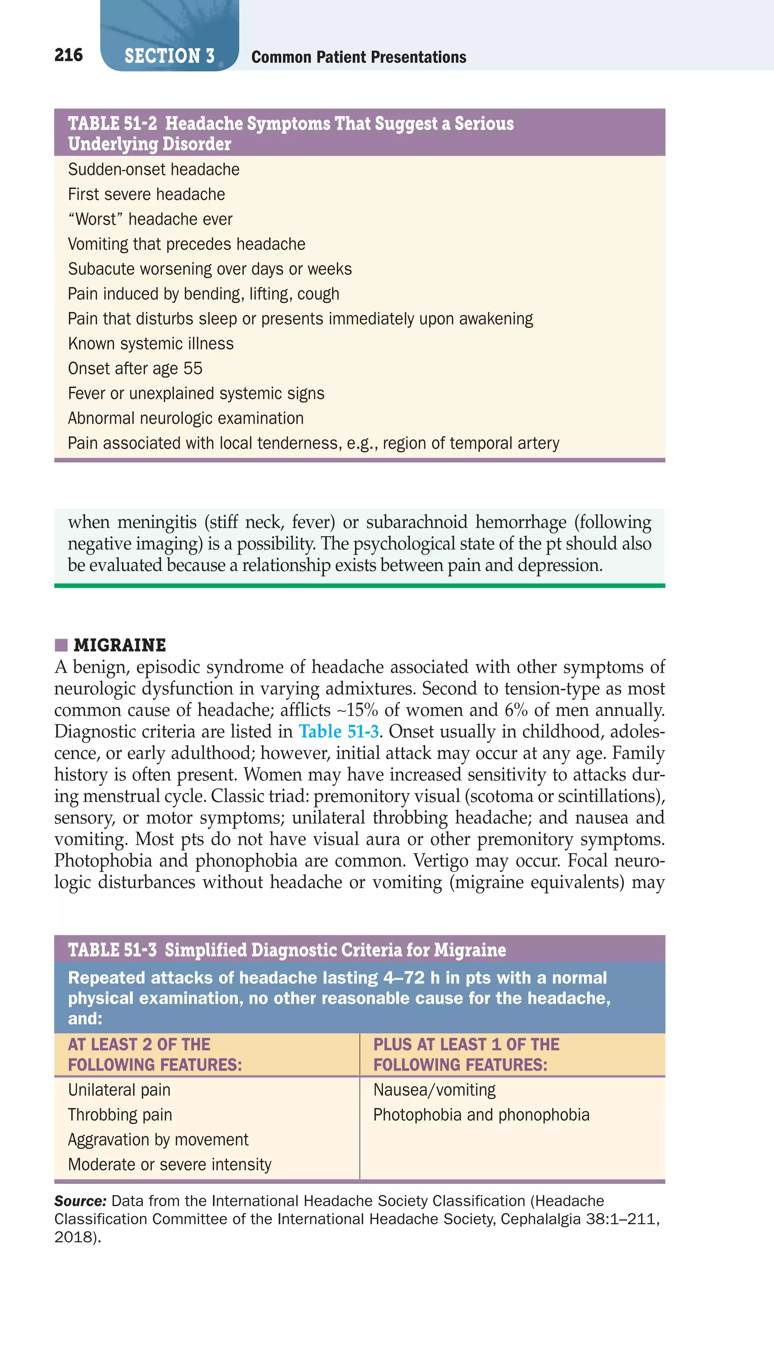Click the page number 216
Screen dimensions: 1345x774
click(68, 55)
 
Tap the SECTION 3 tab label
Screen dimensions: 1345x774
click(169, 56)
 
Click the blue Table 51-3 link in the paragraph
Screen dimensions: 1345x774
click(339, 731)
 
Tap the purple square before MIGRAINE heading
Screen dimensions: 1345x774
click(61, 645)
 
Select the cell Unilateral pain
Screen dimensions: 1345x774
click(119, 1090)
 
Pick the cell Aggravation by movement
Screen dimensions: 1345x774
click(158, 1139)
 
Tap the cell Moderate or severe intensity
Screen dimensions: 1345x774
click(170, 1164)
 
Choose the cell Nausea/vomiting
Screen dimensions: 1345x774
click(434, 1090)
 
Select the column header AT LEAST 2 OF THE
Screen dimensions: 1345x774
click(139, 1044)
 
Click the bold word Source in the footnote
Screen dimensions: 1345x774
click(80, 1201)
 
